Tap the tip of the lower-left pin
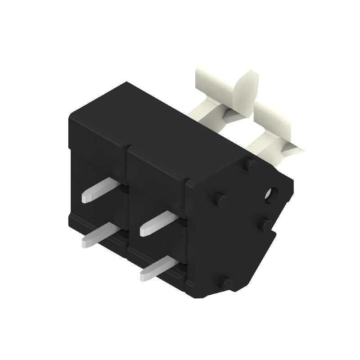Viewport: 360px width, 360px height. [85, 243]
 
